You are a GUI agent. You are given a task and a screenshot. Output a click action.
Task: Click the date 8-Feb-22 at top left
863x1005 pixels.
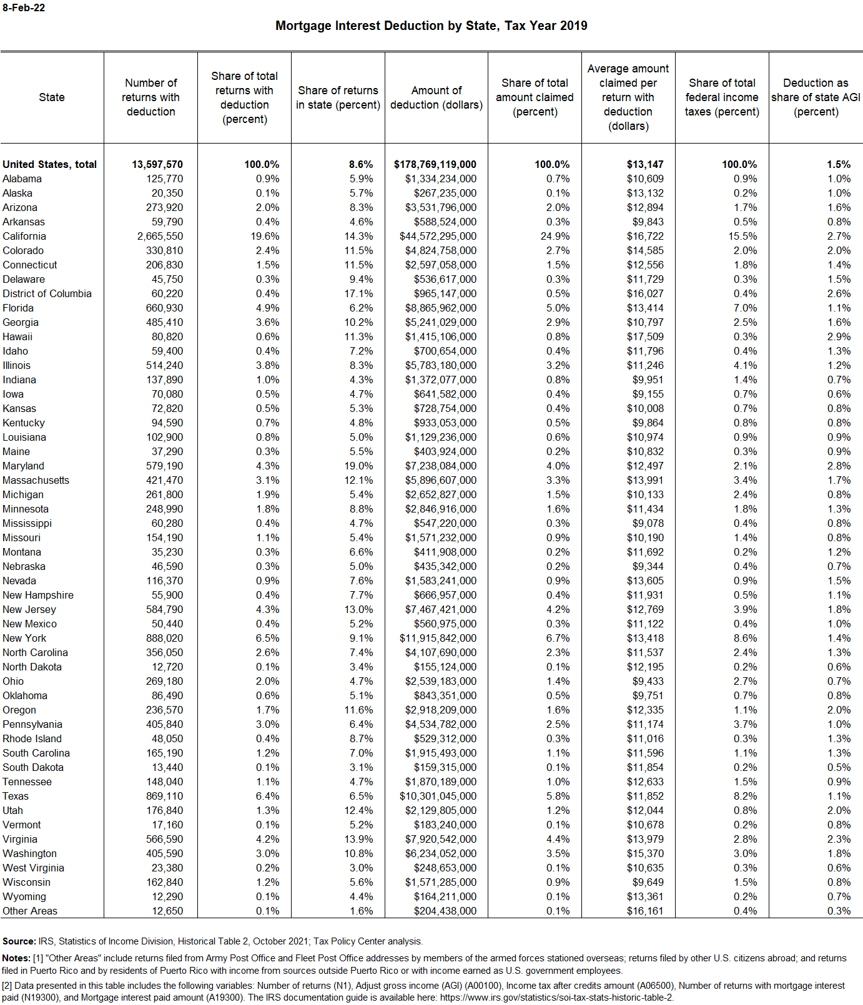24,8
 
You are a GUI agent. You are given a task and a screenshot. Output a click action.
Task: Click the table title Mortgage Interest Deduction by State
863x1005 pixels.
431,26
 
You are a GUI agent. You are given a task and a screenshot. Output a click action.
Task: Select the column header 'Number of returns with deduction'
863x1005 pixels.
150,97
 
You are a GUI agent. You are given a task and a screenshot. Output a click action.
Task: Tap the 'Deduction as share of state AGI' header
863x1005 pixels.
816,97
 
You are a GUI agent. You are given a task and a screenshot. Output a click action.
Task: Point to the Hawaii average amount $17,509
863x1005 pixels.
645,336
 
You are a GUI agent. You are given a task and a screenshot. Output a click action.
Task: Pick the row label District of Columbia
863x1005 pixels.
47,293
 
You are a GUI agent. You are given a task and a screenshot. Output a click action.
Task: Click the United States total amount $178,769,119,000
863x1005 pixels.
435,164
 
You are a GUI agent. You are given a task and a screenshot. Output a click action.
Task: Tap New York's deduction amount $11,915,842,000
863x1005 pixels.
438,638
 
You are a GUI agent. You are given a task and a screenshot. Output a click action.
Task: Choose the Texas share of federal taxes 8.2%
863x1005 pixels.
745,796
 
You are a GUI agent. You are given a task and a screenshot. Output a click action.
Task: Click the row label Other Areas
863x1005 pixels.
30,911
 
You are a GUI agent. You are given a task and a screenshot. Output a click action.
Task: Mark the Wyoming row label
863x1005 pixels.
24,896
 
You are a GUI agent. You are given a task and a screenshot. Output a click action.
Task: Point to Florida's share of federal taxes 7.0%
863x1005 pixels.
745,308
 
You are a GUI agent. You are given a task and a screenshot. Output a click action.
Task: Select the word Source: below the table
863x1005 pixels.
19,941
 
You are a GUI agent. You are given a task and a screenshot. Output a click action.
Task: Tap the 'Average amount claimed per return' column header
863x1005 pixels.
628,97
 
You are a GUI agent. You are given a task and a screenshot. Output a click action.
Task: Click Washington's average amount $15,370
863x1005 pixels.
645,853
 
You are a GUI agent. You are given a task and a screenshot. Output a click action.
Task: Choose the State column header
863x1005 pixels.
52,97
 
